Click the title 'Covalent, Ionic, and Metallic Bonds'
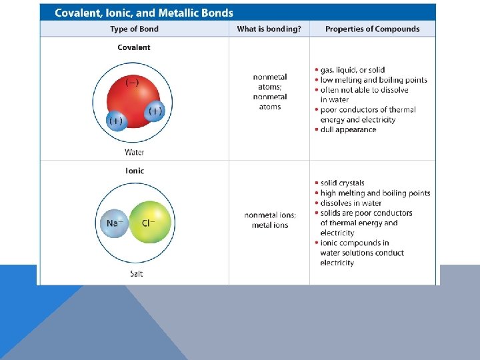click(144, 13)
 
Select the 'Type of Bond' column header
click(134, 29)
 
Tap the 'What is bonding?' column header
click(269, 29)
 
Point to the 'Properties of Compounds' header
click(372, 29)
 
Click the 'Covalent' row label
click(134, 47)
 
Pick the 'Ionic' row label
click(134, 171)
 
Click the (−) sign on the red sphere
click(132, 83)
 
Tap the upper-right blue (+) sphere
click(155, 111)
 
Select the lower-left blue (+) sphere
click(116, 121)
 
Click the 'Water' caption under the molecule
click(134, 152)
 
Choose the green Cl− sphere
click(150, 222)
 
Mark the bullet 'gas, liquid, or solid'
click(352, 69)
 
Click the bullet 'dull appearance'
click(348, 129)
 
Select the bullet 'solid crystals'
click(342, 183)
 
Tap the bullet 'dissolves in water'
click(351, 203)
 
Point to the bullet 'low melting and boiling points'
click(373, 79)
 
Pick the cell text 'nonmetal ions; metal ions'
click(270, 220)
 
